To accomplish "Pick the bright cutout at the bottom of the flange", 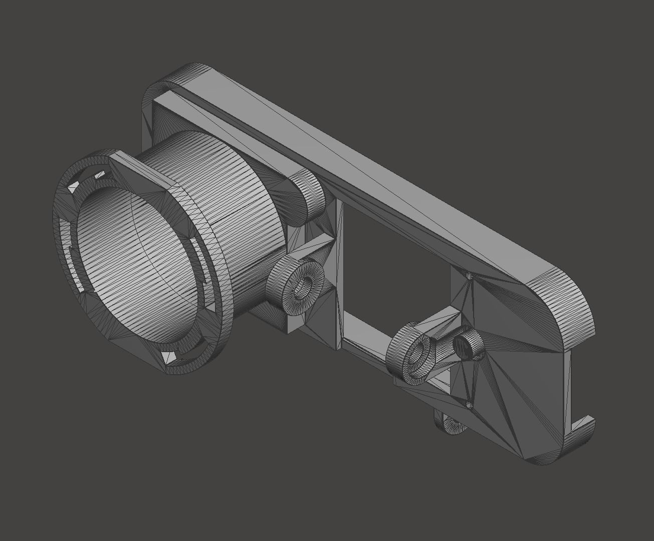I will point(168,357).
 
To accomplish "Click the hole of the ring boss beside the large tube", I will point(302,287).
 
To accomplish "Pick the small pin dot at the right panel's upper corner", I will point(469,275).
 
